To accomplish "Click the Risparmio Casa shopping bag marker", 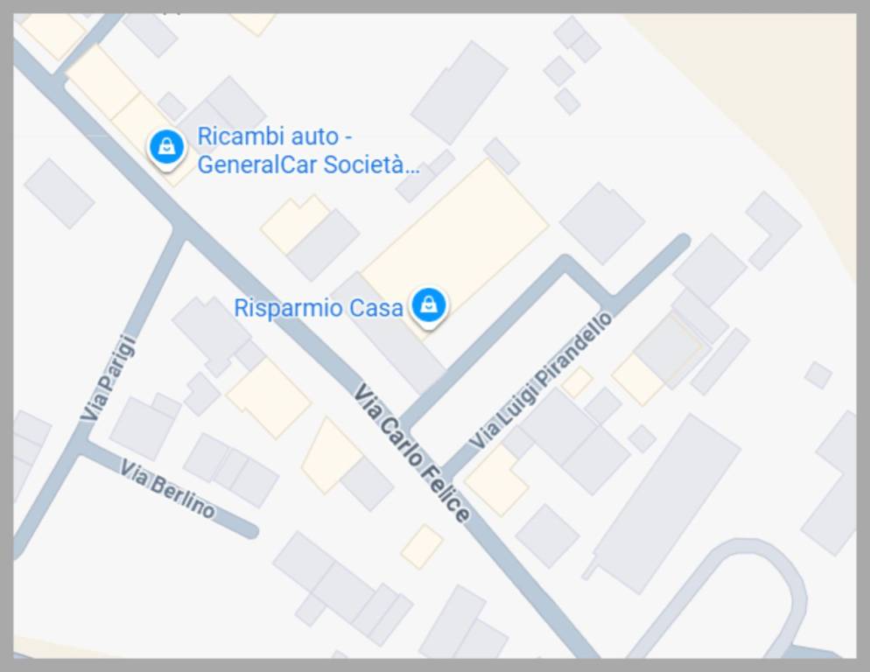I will [428, 305].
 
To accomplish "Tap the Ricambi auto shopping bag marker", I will [166, 146].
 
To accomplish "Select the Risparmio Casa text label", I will [318, 308].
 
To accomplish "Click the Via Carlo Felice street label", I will [412, 453].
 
